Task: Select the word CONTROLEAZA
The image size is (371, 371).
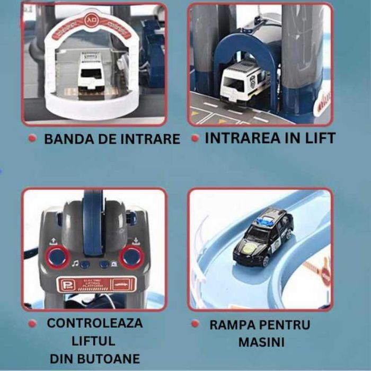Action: [95, 323]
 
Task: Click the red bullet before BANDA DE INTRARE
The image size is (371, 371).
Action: [32, 139]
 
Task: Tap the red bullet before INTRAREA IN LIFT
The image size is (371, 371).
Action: [195, 138]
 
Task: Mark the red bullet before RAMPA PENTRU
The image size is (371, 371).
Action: [195, 323]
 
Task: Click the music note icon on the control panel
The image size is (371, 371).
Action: [75, 263]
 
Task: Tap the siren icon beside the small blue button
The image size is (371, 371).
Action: [114, 263]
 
